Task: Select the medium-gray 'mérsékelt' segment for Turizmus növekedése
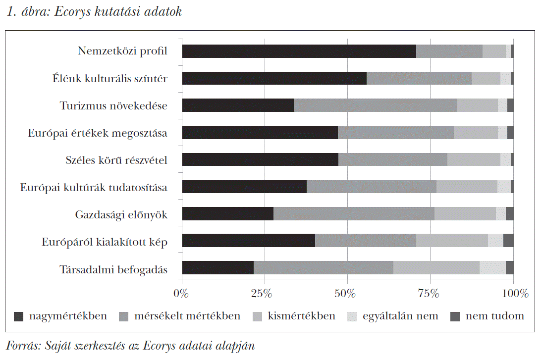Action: [375, 105]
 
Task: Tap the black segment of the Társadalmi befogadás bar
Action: [217, 267]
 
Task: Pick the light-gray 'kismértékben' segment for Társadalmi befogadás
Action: [436, 267]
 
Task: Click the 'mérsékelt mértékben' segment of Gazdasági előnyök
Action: [354, 213]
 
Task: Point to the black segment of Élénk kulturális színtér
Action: [274, 78]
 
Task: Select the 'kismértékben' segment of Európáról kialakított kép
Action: [452, 241]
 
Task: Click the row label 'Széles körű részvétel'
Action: [116, 160]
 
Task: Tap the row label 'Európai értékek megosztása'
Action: [98, 133]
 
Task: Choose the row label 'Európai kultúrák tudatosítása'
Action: [94, 187]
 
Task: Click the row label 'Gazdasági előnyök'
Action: [121, 214]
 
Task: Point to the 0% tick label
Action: [181, 293]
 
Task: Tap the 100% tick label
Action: [514, 293]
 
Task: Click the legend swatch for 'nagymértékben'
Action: [19, 316]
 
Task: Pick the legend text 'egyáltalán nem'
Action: [400, 316]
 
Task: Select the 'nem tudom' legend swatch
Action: [455, 316]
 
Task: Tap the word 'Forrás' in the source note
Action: [20, 345]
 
